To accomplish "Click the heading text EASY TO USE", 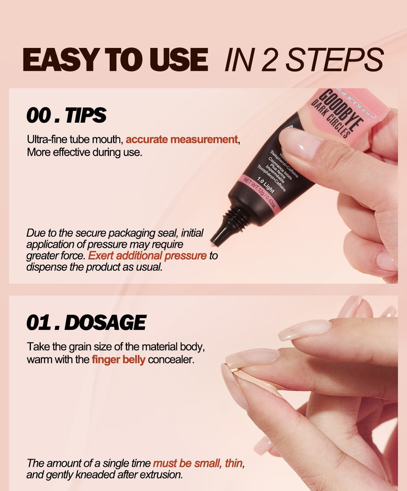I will (115, 60).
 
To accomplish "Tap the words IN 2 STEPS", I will (304, 60).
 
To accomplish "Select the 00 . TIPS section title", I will (66, 115).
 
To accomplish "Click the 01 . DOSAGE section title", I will (86, 323).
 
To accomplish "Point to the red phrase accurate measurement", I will (182, 140).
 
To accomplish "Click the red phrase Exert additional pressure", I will (147, 256).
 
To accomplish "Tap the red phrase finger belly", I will (118, 359).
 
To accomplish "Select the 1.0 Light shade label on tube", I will (266, 185).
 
